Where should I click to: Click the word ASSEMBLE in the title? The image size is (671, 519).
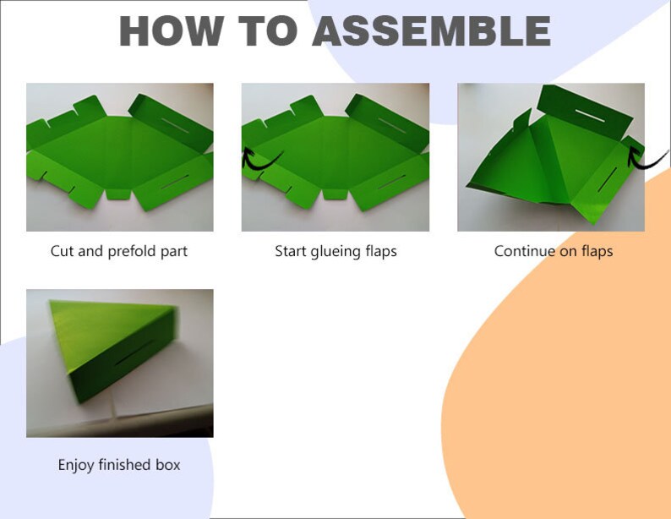pos(431,30)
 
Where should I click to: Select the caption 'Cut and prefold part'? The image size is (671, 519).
pos(119,251)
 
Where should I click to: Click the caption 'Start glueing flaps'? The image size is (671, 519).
pos(335,251)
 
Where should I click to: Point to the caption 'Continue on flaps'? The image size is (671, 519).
pos(553,251)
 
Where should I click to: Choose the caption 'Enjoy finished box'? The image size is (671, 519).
pos(119,465)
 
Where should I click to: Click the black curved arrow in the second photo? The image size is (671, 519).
pos(259,158)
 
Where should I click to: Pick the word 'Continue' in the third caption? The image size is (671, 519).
pos(524,251)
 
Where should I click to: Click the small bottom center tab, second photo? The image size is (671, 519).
pos(335,194)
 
